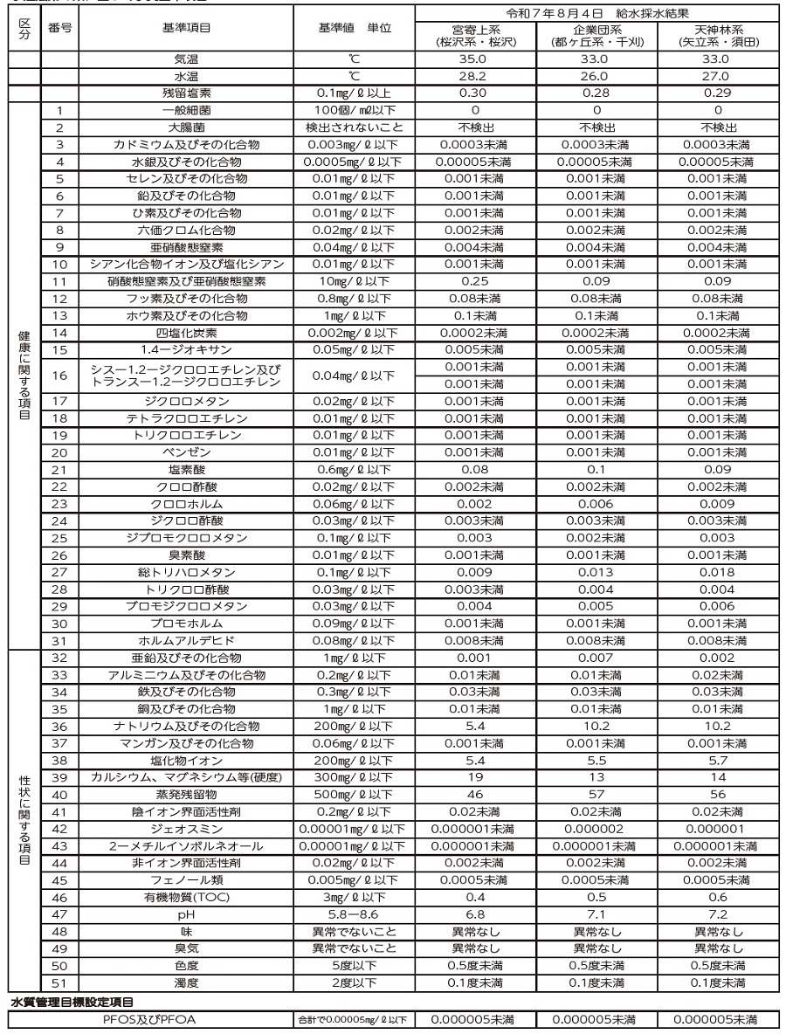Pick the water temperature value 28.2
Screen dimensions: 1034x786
(x=475, y=76)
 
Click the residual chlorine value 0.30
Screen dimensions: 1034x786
(x=475, y=93)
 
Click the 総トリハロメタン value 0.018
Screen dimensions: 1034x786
(x=717, y=572)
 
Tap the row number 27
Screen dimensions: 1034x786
(x=59, y=572)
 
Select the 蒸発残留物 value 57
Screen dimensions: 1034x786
(x=596, y=795)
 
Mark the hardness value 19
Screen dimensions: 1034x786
(x=475, y=777)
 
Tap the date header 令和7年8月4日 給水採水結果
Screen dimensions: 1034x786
(x=596, y=14)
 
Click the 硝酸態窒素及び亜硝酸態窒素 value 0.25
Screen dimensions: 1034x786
(x=475, y=281)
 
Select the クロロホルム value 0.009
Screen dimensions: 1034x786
(x=717, y=504)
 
